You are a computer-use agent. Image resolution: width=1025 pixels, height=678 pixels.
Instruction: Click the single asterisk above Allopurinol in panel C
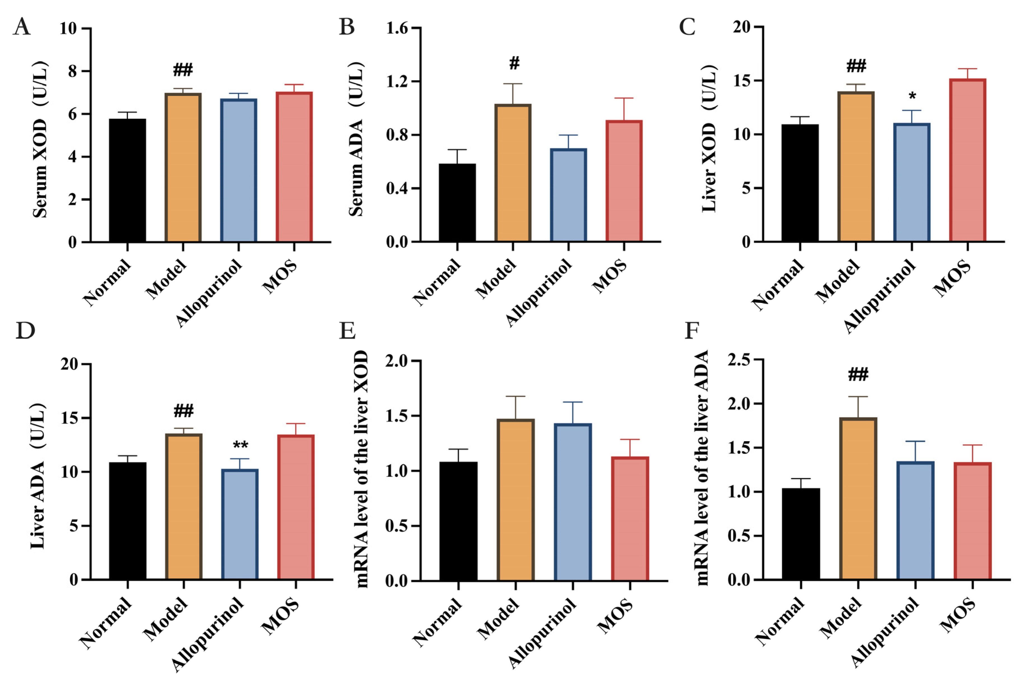(912, 96)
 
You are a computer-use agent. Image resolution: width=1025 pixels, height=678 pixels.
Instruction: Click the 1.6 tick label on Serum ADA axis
(397, 29)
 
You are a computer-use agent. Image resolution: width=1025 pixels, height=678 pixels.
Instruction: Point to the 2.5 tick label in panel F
(738, 360)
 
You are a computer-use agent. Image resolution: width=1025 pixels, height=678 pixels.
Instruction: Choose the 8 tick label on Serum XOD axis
(72, 71)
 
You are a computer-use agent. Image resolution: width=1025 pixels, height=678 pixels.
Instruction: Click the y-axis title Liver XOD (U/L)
(709, 138)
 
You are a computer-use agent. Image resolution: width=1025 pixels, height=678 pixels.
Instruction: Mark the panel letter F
(692, 331)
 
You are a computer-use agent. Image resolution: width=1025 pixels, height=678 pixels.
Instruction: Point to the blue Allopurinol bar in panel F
(915, 521)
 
